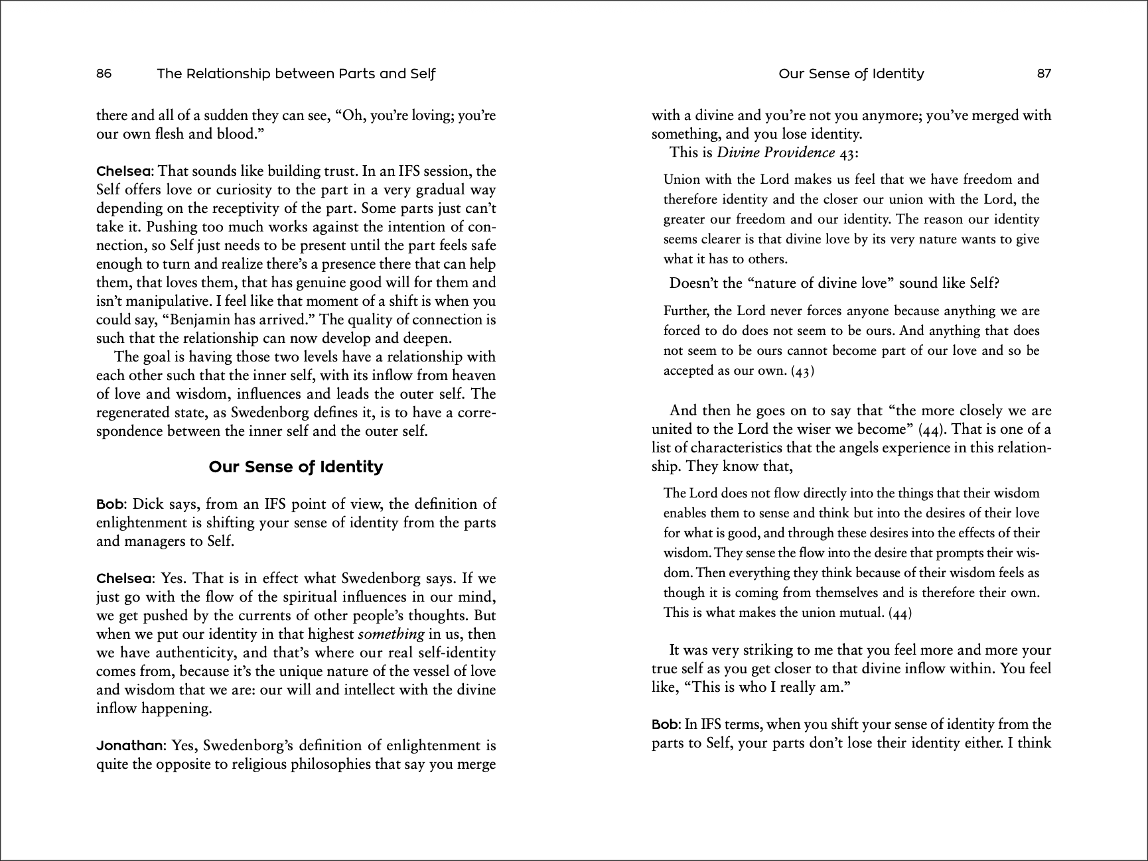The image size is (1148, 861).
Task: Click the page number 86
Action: pyautogui.click(x=104, y=74)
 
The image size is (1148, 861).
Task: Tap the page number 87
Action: pyautogui.click(x=1044, y=74)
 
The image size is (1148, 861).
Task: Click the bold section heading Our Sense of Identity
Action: pyautogui.click(x=296, y=467)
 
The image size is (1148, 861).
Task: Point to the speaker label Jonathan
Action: pyautogui.click(x=129, y=746)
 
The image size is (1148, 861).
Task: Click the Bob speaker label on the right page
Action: pyautogui.click(x=665, y=724)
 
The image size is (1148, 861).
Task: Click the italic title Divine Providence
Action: pyautogui.click(x=776, y=153)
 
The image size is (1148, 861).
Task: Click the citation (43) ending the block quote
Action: pyautogui.click(x=802, y=371)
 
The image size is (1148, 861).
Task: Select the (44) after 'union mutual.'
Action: pyautogui.click(x=900, y=613)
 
